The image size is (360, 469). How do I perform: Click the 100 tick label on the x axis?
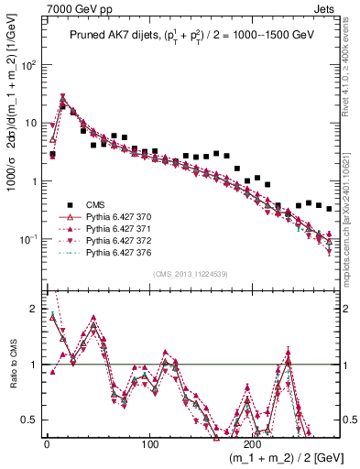click(x=149, y=442)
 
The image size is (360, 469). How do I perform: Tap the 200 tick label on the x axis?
click(x=253, y=442)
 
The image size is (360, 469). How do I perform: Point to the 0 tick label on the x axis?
click(x=47, y=442)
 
